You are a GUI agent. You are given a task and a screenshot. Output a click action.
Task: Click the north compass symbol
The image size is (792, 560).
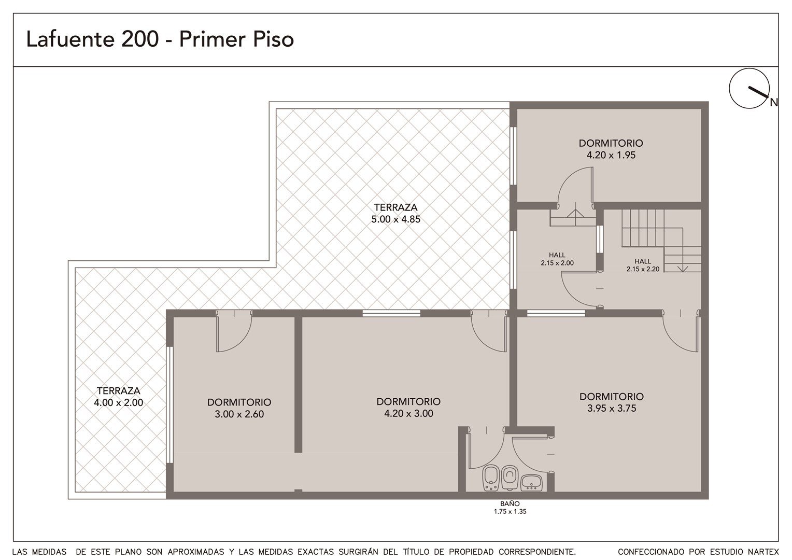(749, 88)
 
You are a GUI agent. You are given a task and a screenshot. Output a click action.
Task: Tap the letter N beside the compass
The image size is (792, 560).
(774, 103)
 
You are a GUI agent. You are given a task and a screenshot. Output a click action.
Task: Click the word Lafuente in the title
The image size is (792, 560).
(70, 39)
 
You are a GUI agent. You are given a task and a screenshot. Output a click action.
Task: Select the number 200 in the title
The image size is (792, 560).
(140, 39)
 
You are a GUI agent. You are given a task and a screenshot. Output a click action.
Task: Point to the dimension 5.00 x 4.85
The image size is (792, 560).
(395, 219)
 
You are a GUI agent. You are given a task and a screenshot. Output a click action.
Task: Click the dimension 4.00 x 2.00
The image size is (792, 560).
(119, 402)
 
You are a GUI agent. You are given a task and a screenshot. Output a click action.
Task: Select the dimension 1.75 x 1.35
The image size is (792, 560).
(510, 512)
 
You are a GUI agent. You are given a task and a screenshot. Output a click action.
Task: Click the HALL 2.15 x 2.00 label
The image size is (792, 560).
(557, 259)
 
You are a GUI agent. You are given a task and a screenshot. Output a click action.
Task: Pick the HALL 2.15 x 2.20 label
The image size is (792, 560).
(643, 265)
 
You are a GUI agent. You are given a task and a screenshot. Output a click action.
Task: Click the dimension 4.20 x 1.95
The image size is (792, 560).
(611, 155)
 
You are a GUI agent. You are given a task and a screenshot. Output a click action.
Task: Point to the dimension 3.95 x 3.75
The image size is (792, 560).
(612, 408)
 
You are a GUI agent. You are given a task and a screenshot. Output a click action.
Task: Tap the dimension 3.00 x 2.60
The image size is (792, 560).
(239, 414)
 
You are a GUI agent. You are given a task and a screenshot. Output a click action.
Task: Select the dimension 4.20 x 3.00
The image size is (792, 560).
(409, 413)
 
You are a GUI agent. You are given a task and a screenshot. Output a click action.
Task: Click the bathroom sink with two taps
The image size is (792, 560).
(531, 483)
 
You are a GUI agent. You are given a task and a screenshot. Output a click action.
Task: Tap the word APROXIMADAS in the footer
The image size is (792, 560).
(196, 552)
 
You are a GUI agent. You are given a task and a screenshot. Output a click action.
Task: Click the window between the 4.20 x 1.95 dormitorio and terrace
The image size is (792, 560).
(513, 156)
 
